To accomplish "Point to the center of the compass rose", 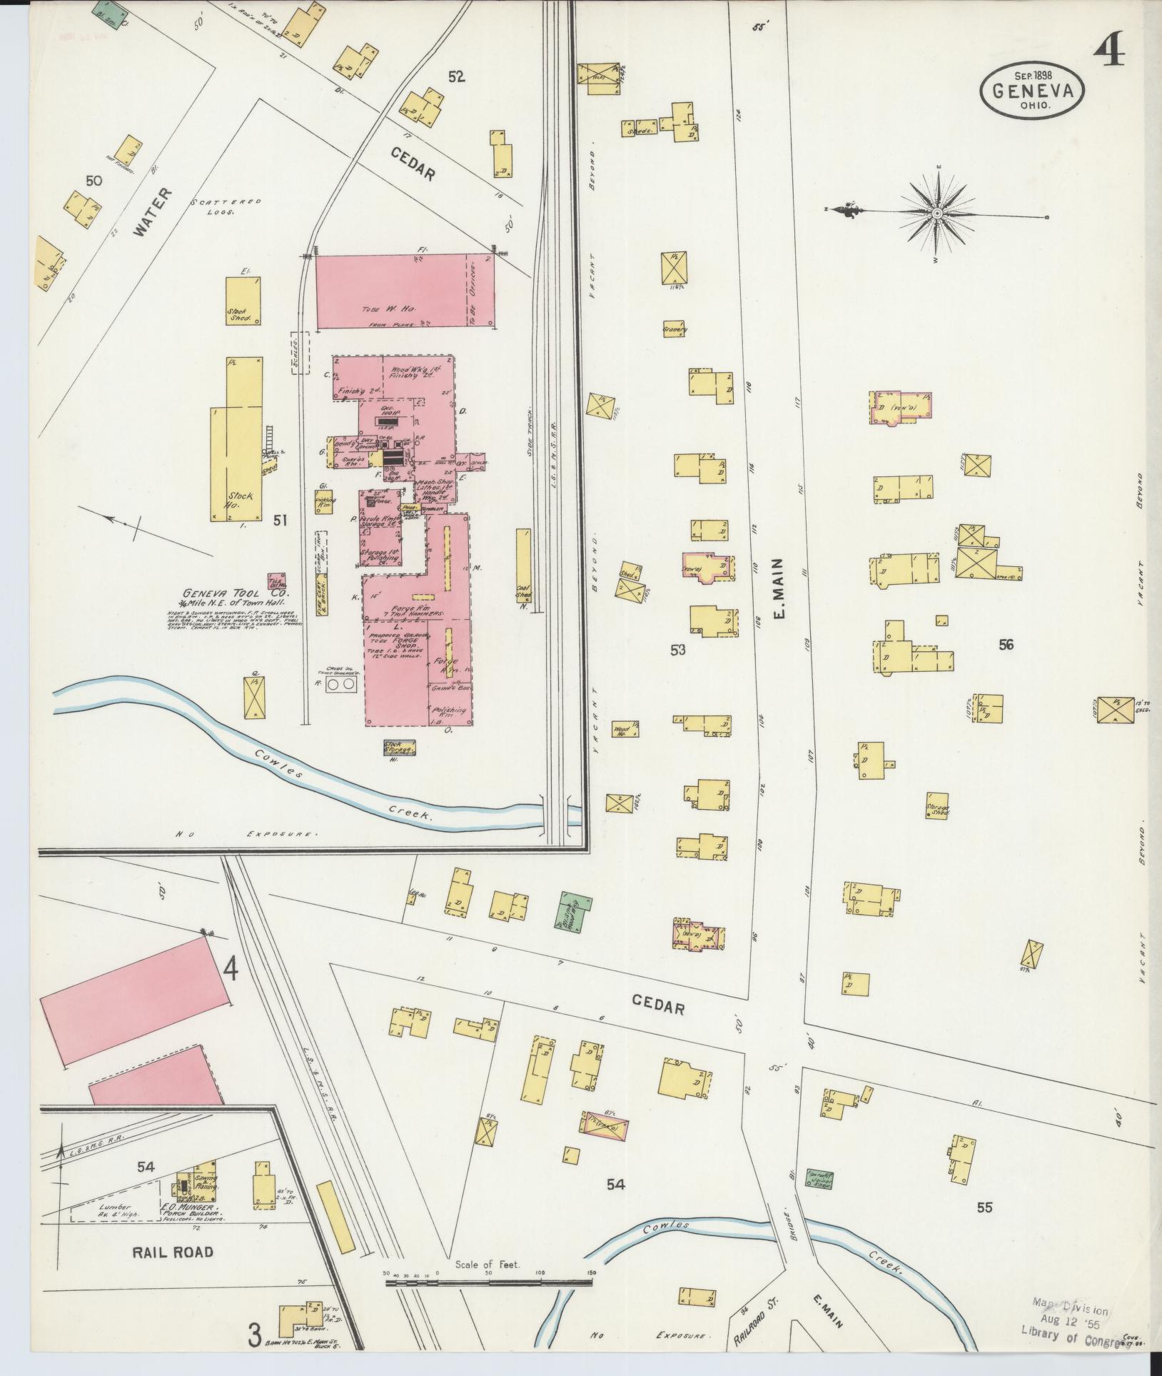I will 938,213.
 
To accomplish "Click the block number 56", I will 1006,645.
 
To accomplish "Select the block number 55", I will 985,1207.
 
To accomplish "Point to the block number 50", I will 93,181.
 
